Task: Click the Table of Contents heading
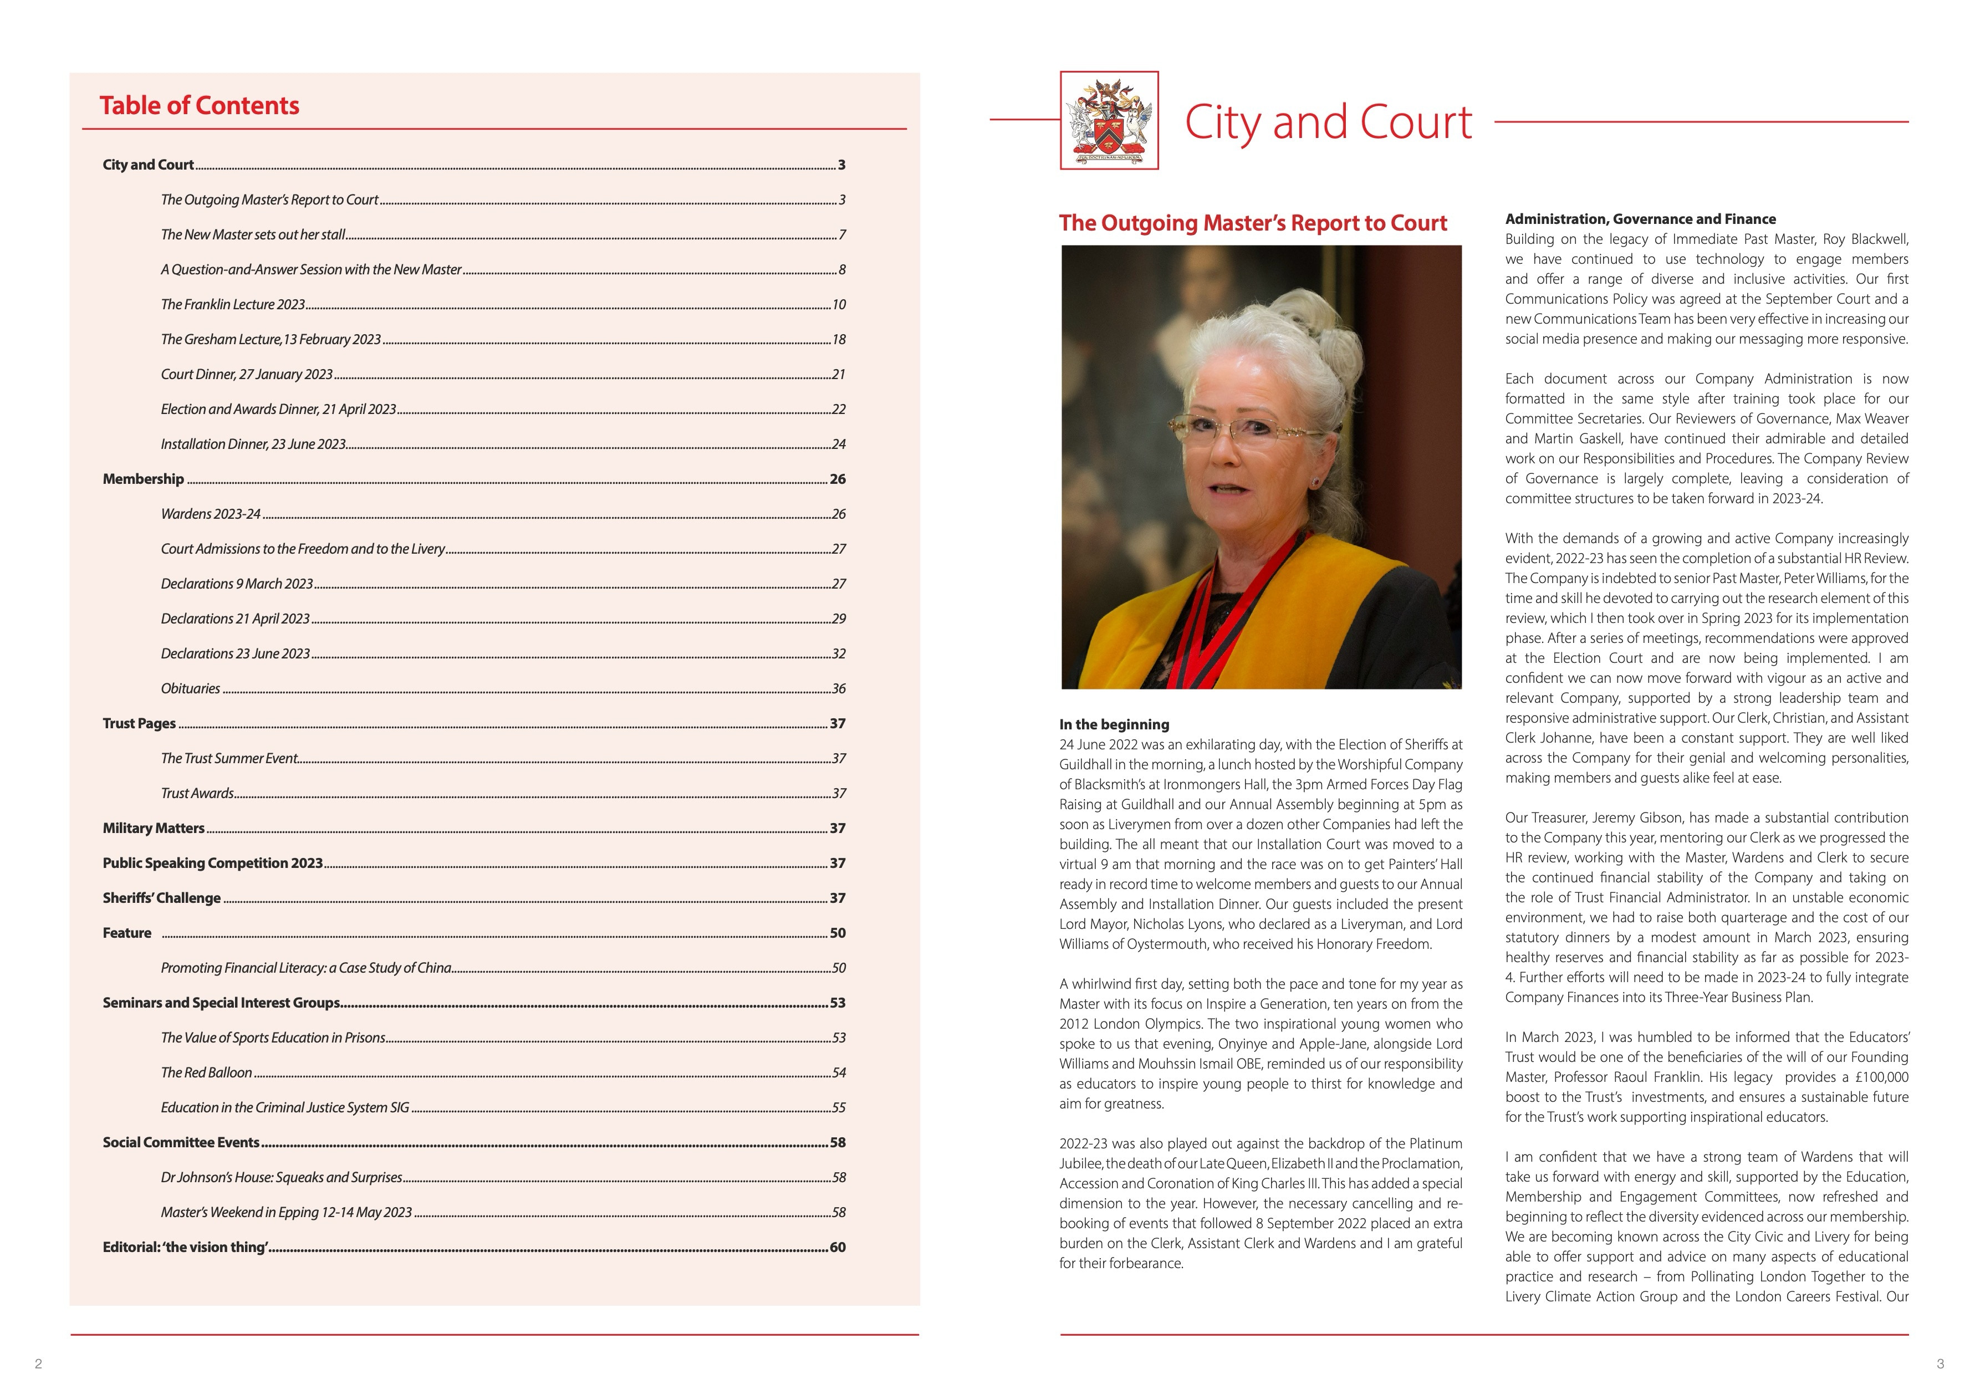(199, 106)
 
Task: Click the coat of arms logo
(1109, 121)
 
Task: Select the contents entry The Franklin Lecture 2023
(233, 304)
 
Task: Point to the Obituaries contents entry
(191, 689)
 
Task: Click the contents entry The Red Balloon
(206, 1073)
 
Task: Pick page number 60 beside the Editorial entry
(838, 1248)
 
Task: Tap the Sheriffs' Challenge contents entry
(161, 898)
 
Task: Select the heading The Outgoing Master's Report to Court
(1252, 223)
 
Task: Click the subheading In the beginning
(1114, 725)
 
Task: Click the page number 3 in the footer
(1940, 1364)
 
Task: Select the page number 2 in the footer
(38, 1364)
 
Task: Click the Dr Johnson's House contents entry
(281, 1178)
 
